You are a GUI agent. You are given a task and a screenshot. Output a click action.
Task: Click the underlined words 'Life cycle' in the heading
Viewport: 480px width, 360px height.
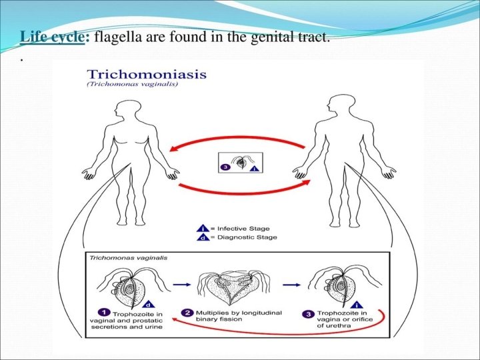(x=53, y=37)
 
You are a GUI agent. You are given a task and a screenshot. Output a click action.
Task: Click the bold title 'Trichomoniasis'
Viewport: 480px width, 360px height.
(x=147, y=75)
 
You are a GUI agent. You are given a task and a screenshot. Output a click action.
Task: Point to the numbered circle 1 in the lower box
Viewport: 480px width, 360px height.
(x=104, y=311)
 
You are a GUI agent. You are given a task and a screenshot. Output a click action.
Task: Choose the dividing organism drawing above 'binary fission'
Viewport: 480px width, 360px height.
(x=230, y=284)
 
